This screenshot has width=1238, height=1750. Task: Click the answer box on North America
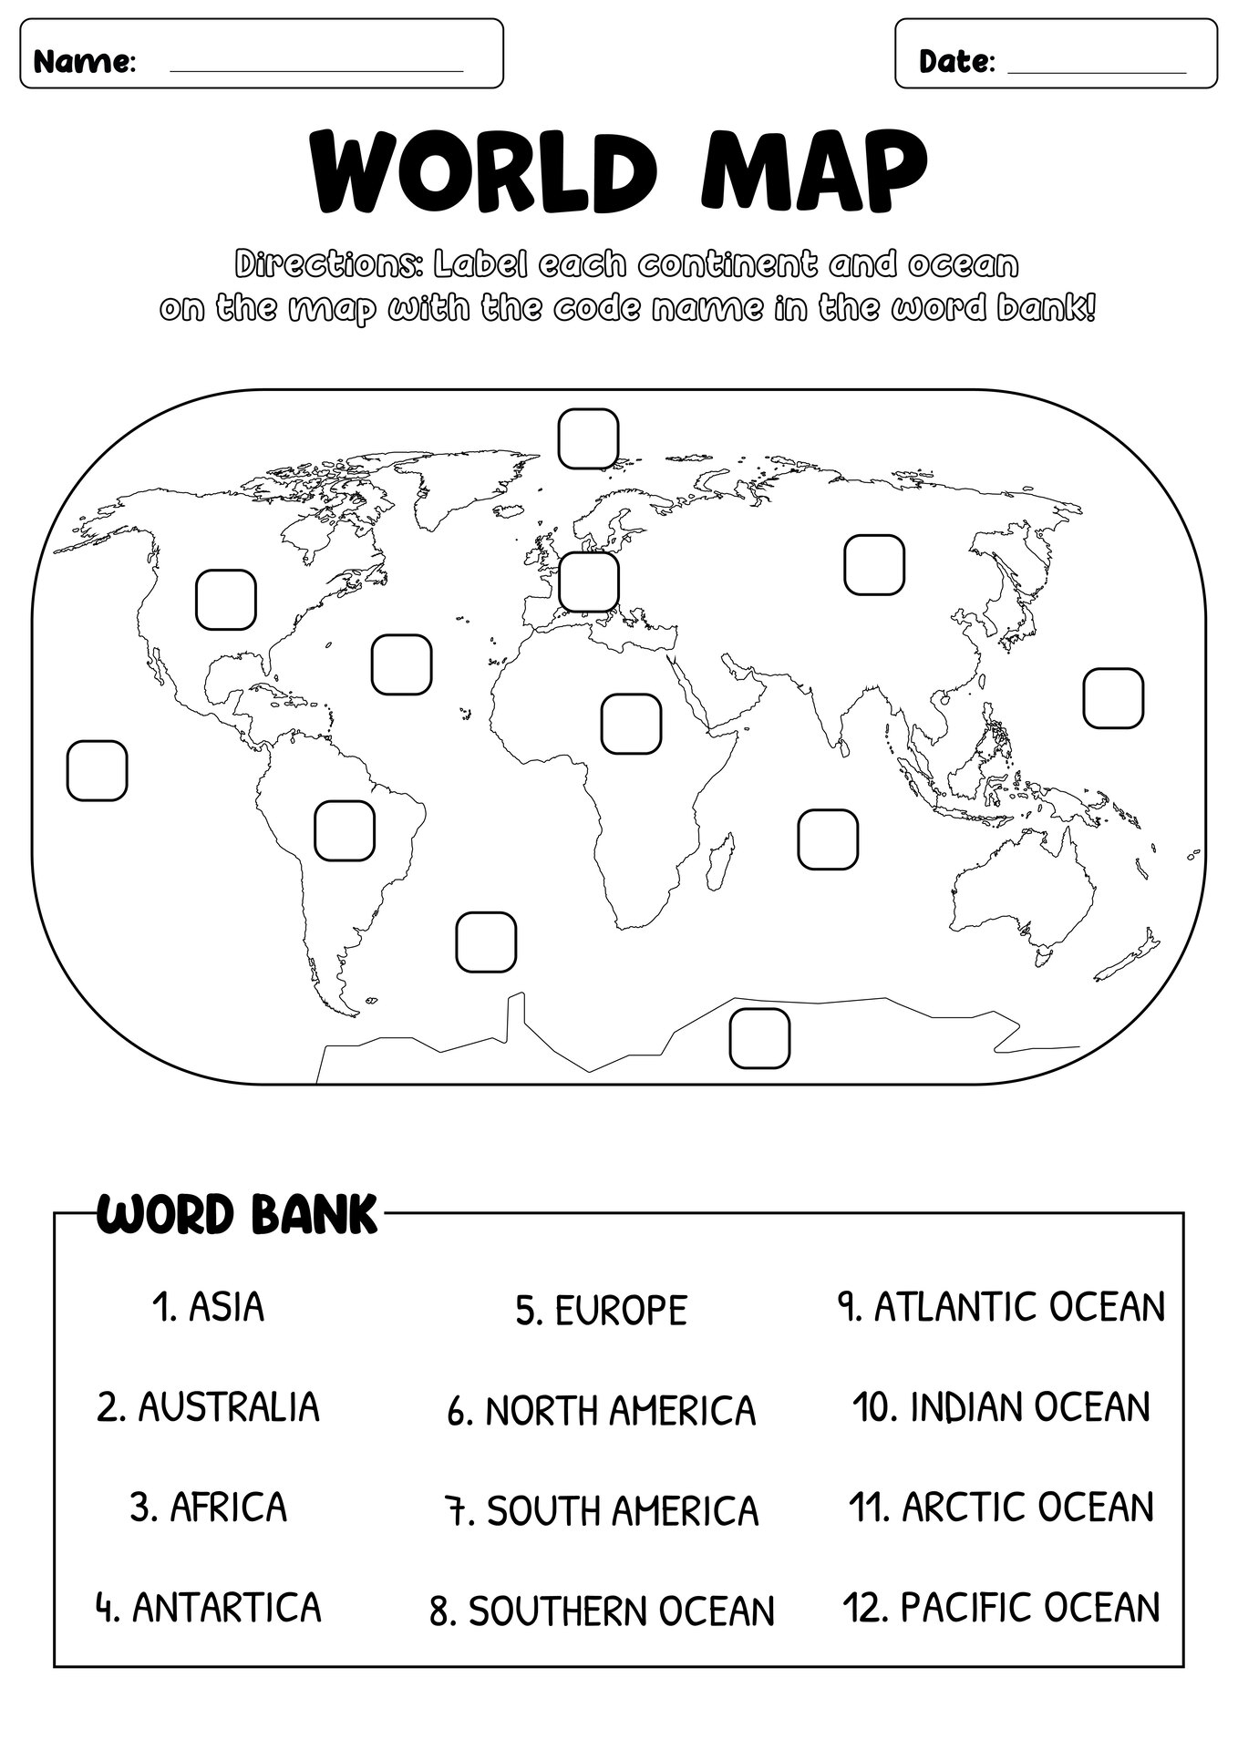(x=226, y=599)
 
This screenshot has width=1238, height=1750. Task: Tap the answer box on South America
(x=345, y=830)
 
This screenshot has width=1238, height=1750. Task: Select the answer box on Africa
(x=631, y=724)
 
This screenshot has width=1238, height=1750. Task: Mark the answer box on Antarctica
(x=759, y=1037)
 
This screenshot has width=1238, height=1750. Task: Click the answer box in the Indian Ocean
(x=828, y=839)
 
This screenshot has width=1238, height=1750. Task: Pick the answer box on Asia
(x=874, y=565)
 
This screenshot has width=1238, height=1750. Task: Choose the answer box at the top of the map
(x=589, y=438)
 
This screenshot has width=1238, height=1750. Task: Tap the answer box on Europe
(x=589, y=582)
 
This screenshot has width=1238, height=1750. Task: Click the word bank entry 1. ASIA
(x=208, y=1307)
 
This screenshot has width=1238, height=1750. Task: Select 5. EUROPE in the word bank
(x=601, y=1311)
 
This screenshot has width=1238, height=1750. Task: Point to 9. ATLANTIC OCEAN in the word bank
(x=1001, y=1307)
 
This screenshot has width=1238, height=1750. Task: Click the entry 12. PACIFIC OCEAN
(x=1001, y=1607)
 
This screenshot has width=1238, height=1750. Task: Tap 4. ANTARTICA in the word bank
(x=208, y=1607)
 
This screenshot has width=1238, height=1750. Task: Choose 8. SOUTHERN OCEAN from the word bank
(x=601, y=1611)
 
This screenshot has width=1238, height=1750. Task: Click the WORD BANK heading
(x=236, y=1214)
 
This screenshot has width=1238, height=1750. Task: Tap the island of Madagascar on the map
(x=721, y=861)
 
